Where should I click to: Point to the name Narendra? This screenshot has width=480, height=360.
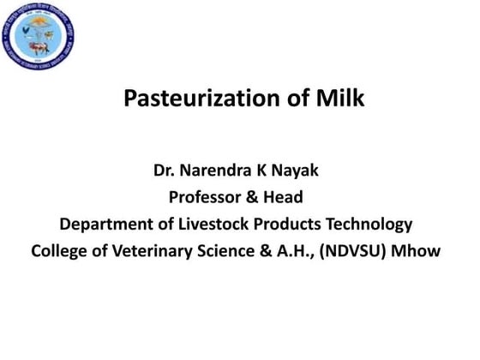click(213, 171)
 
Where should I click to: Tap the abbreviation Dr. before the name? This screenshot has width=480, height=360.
click(164, 171)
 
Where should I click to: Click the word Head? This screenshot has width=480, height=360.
click(284, 198)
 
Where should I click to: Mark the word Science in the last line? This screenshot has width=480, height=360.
click(236, 253)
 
